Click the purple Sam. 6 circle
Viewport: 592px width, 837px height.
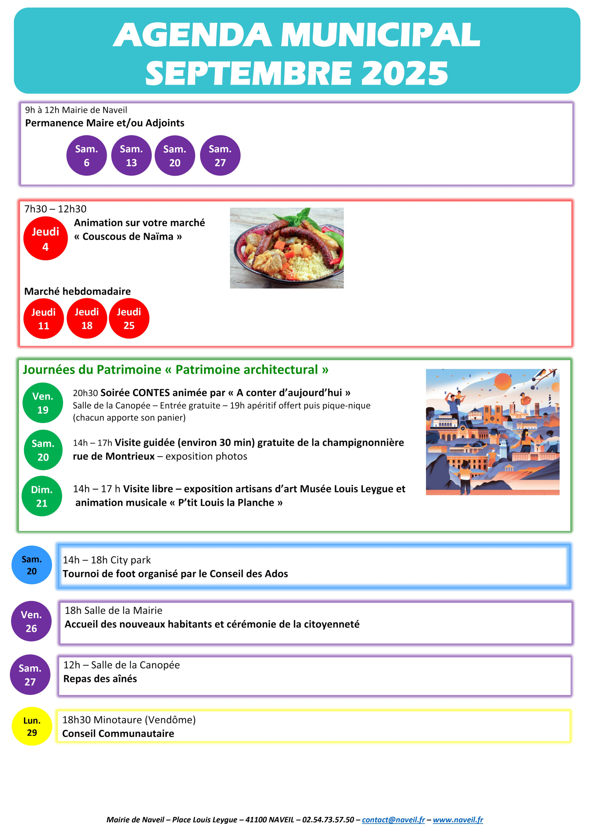86,156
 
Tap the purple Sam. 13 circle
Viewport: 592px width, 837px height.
131,156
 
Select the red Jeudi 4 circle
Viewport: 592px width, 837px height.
45,239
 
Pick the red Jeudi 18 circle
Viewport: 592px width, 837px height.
87,319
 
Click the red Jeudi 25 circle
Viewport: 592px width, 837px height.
129,319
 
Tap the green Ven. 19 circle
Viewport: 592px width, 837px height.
43,403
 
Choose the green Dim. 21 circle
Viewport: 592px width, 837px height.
42,496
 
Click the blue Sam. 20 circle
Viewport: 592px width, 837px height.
32,565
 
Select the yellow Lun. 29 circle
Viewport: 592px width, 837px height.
32,727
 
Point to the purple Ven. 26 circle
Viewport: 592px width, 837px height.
31,621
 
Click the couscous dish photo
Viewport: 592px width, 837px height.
287,248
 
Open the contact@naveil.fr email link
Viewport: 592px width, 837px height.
393,820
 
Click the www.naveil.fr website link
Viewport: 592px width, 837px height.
458,820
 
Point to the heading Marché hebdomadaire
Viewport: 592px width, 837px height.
77,291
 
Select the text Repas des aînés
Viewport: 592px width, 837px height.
100,679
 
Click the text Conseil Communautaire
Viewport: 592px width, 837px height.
118,733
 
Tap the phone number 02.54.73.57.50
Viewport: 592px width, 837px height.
328,820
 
